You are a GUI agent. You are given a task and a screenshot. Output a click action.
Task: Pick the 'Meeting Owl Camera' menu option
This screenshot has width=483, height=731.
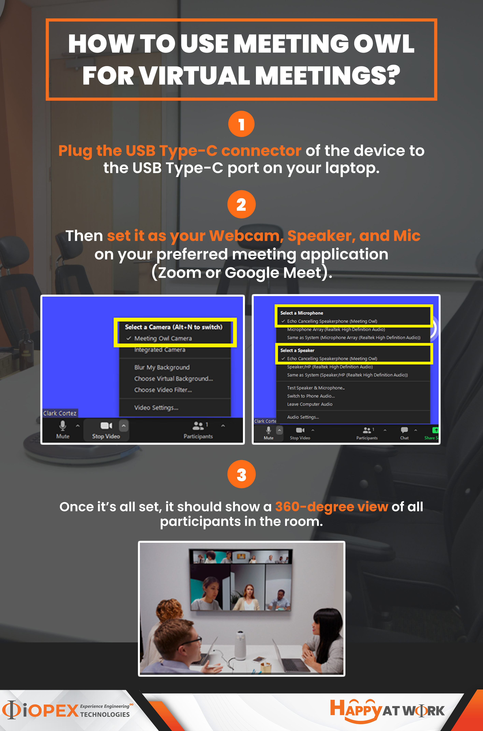(x=163, y=338)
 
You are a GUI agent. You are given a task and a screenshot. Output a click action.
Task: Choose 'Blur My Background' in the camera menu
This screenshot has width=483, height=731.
(x=162, y=367)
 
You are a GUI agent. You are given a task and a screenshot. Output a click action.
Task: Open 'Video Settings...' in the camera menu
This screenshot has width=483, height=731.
(x=156, y=407)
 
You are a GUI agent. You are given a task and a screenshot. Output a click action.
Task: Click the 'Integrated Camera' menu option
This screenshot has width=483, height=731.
(x=160, y=350)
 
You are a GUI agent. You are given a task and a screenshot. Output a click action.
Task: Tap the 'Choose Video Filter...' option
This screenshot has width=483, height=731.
(x=163, y=390)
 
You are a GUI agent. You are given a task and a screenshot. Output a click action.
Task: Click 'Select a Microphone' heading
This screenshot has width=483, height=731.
(x=302, y=313)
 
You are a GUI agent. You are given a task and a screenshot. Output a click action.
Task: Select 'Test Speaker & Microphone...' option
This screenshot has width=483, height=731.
(x=316, y=388)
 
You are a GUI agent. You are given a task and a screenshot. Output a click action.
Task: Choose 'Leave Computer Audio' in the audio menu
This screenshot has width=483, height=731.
(x=310, y=404)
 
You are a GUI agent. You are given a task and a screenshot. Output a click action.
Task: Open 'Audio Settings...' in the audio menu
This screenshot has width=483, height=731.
(x=303, y=417)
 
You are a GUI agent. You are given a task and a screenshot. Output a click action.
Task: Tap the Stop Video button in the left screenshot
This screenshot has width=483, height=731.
(x=106, y=430)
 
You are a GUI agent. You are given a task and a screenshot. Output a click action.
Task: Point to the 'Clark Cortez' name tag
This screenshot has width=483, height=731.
(x=60, y=413)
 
